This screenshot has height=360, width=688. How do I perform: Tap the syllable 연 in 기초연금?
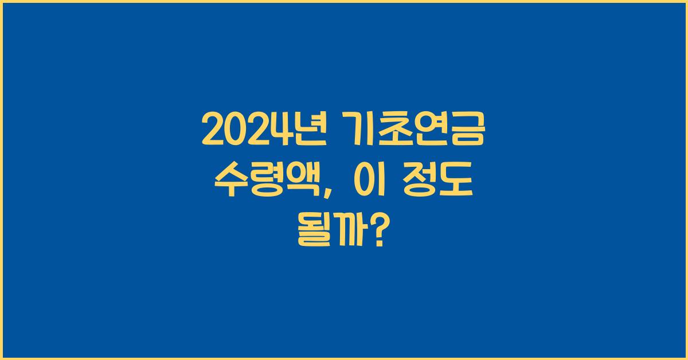pos(431,131)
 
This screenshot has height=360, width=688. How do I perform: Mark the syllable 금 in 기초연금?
pos(467,131)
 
